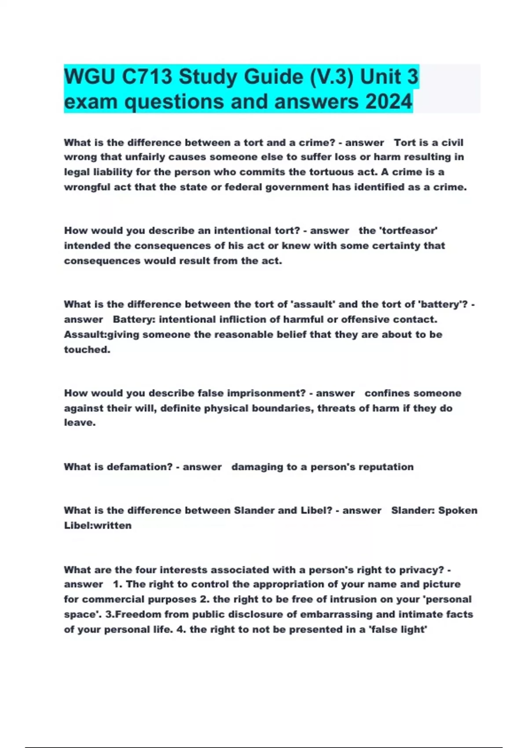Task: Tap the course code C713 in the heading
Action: click(x=147, y=77)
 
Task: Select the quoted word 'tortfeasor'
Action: click(x=398, y=231)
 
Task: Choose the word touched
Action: click(x=86, y=350)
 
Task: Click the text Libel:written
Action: click(x=98, y=525)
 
